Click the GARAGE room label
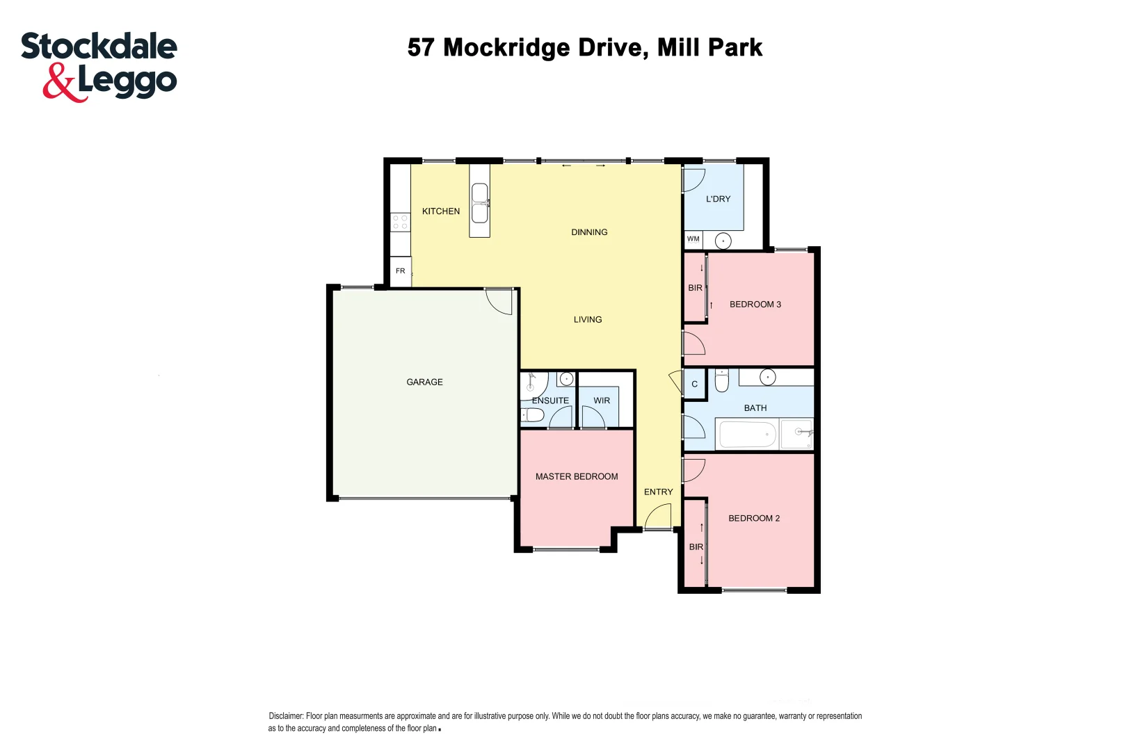coord(424,382)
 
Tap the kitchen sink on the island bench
coord(479,202)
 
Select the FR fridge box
coord(401,271)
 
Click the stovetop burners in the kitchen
coord(400,222)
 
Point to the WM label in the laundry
coord(693,239)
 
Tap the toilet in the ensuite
coord(533,415)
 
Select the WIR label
coord(602,401)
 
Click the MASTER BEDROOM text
coord(577,476)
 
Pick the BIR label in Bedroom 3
coord(695,288)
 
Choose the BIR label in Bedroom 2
coord(696,547)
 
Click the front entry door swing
coord(657,516)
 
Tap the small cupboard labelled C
coord(694,384)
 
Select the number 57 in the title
coord(421,47)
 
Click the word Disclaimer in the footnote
coord(286,716)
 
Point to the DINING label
coord(589,232)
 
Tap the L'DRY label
coord(718,199)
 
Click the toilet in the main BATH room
coord(721,381)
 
